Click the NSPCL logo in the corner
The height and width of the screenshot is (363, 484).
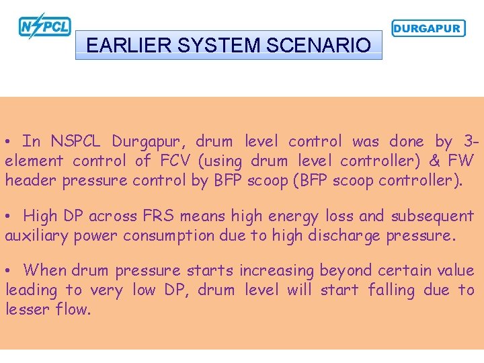pos(44,26)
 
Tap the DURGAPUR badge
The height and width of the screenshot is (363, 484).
pos(428,28)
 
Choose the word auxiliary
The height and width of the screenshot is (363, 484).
pos(34,235)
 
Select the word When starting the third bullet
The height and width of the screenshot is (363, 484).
pos(45,270)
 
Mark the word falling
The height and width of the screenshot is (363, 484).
pos(392,290)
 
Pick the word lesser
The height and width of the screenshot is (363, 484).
pos(26,309)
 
